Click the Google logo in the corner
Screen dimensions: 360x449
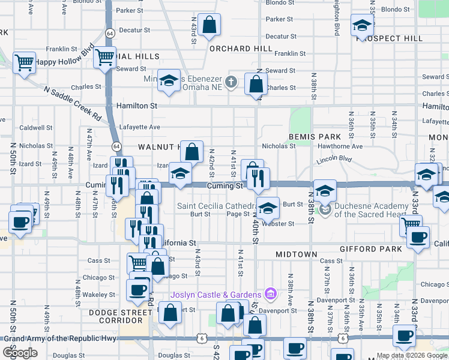pyautogui.click(x=20, y=353)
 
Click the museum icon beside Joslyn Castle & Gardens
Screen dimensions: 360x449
pyautogui.click(x=270, y=293)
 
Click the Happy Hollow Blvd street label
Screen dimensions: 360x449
pyautogui.click(x=64, y=61)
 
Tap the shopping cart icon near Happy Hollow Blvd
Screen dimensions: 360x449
pyautogui.click(x=24, y=62)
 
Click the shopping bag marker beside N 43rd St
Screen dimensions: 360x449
pyautogui.click(x=209, y=25)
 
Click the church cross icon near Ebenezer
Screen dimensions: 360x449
pyautogui.click(x=231, y=80)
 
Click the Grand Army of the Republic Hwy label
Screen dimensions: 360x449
pyautogui.click(x=61, y=338)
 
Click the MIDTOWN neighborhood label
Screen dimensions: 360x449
pyautogui.click(x=296, y=254)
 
